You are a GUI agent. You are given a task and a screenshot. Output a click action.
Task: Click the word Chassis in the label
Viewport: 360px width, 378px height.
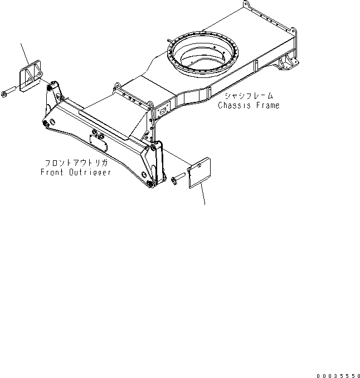pos(232,105)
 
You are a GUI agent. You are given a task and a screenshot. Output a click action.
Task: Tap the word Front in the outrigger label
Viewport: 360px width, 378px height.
pos(52,172)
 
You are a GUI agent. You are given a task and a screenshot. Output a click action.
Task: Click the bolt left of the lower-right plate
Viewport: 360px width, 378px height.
pos(178,179)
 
